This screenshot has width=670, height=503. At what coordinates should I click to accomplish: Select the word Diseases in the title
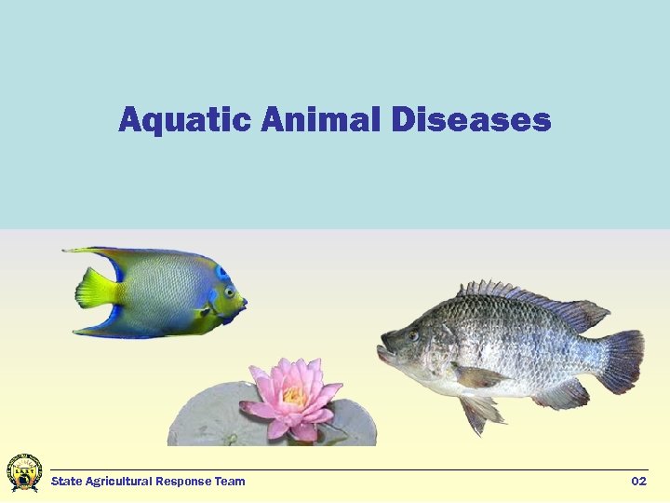471,120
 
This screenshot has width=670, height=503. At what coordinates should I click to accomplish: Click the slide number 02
638,482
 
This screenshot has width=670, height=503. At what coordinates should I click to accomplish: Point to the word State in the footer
66,482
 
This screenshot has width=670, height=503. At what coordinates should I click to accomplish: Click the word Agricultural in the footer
118,482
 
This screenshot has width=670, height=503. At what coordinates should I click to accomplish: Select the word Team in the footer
230,482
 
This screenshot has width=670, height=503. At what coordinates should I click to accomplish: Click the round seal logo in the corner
23,473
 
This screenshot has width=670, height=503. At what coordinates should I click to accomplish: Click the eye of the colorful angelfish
228,292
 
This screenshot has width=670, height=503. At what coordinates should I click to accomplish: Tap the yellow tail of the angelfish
96,289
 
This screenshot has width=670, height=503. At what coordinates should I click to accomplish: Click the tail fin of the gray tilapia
618,359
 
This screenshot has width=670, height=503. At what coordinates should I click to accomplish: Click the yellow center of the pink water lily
294,397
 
